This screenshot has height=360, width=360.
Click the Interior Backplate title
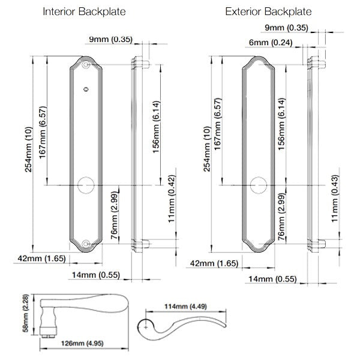[x=84, y=12]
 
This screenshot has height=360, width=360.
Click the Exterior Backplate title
[x=268, y=12]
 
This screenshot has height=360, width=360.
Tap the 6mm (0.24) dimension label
[x=271, y=43]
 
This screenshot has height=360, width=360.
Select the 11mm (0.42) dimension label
[x=172, y=199]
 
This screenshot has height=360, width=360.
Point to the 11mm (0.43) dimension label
[x=335, y=199]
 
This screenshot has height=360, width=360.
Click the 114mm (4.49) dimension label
[x=185, y=307]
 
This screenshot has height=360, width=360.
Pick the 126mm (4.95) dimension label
[x=82, y=343]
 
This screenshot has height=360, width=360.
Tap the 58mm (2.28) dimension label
[x=26, y=313]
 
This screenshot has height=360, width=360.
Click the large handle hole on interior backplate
[x=86, y=185]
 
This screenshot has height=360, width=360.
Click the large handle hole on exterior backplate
[x=258, y=185]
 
